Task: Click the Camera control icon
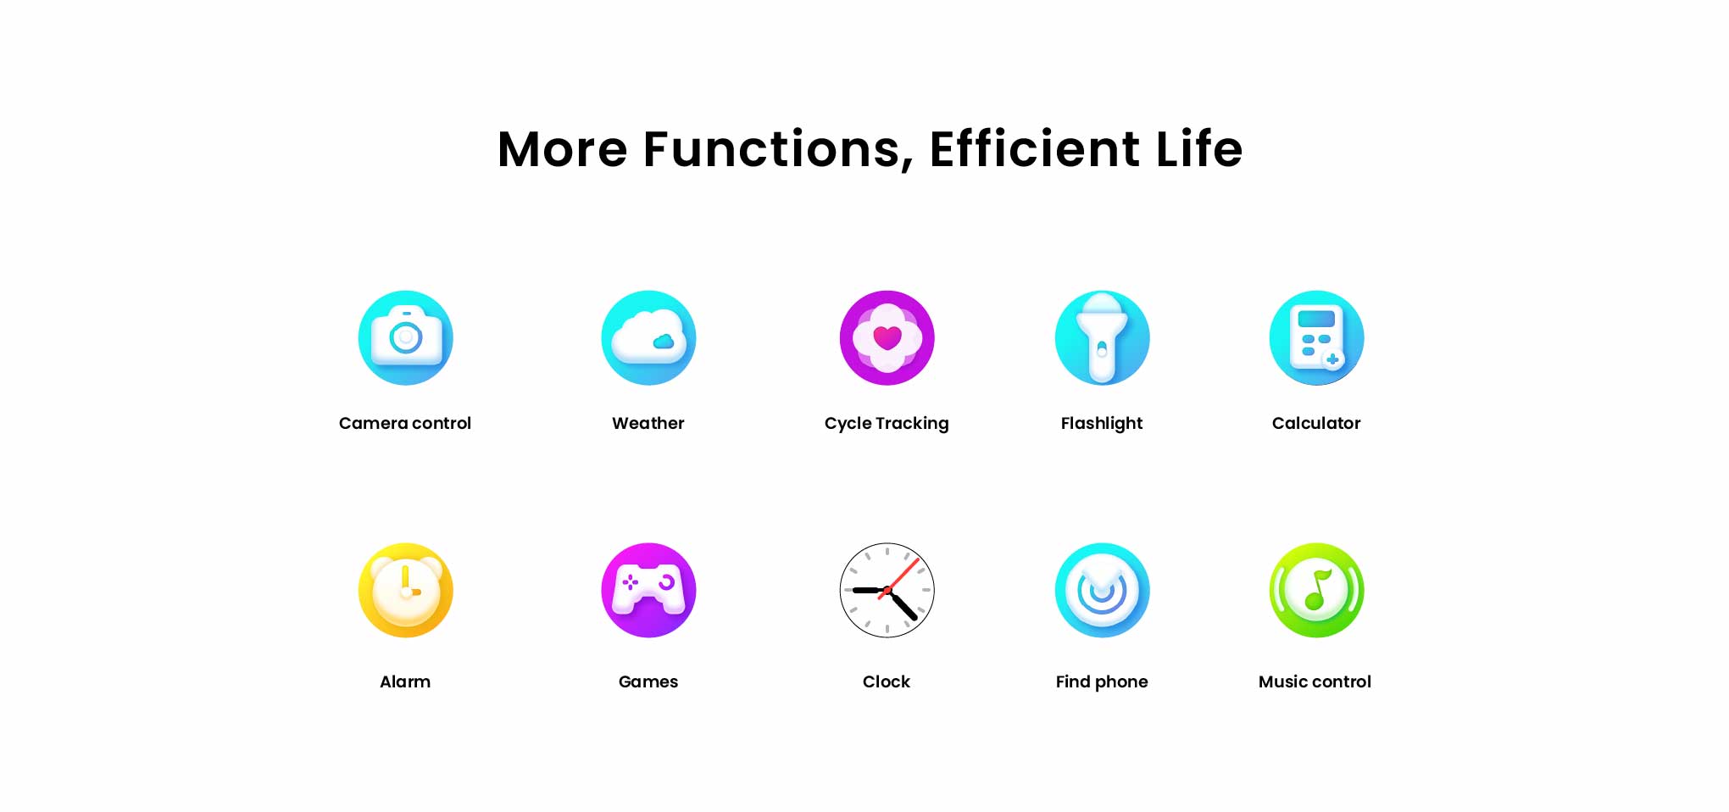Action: pos(405,337)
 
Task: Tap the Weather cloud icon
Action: pos(648,337)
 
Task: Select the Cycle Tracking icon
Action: pos(887,337)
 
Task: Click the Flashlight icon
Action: pos(1102,337)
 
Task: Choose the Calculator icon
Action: pos(1316,337)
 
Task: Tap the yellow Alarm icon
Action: pos(405,590)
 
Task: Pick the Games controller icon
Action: pos(648,590)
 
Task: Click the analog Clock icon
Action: pos(887,590)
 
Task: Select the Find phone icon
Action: pos(1102,590)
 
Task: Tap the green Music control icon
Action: pos(1316,590)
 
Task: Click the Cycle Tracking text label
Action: pos(887,423)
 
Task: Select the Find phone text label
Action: pos(1102,681)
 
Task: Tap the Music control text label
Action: pos(1315,681)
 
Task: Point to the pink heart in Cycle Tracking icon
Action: pos(887,337)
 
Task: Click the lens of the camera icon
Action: pos(406,338)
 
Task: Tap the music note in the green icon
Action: pos(1317,589)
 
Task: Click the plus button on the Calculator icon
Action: pos(1332,359)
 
